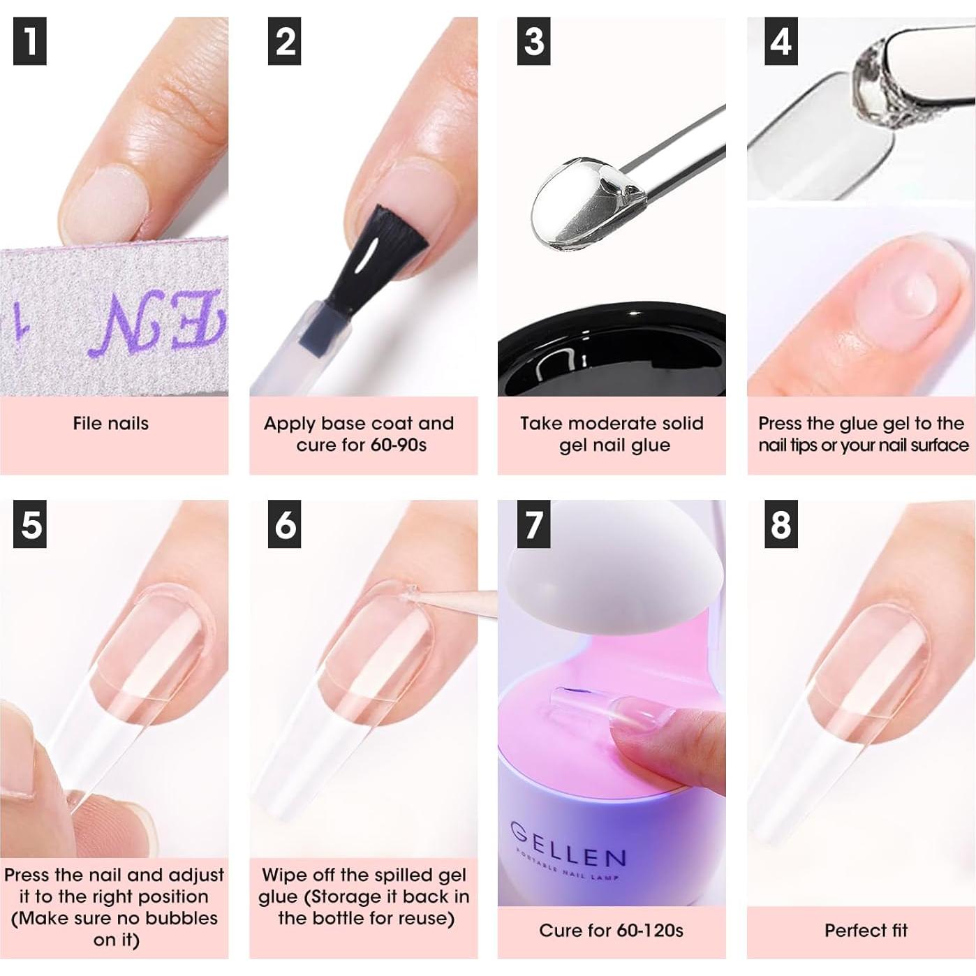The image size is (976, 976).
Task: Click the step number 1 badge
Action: pos(30,42)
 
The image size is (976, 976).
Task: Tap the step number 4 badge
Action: pos(781,42)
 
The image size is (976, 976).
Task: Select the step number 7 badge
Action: pos(533,525)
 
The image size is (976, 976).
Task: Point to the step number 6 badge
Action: pos(285,525)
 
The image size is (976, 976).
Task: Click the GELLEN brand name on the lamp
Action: pos(568,845)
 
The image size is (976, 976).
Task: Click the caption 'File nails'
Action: pos(110,423)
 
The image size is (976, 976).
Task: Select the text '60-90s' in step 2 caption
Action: pos(398,445)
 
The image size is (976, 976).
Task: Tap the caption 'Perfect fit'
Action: pos(866,931)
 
